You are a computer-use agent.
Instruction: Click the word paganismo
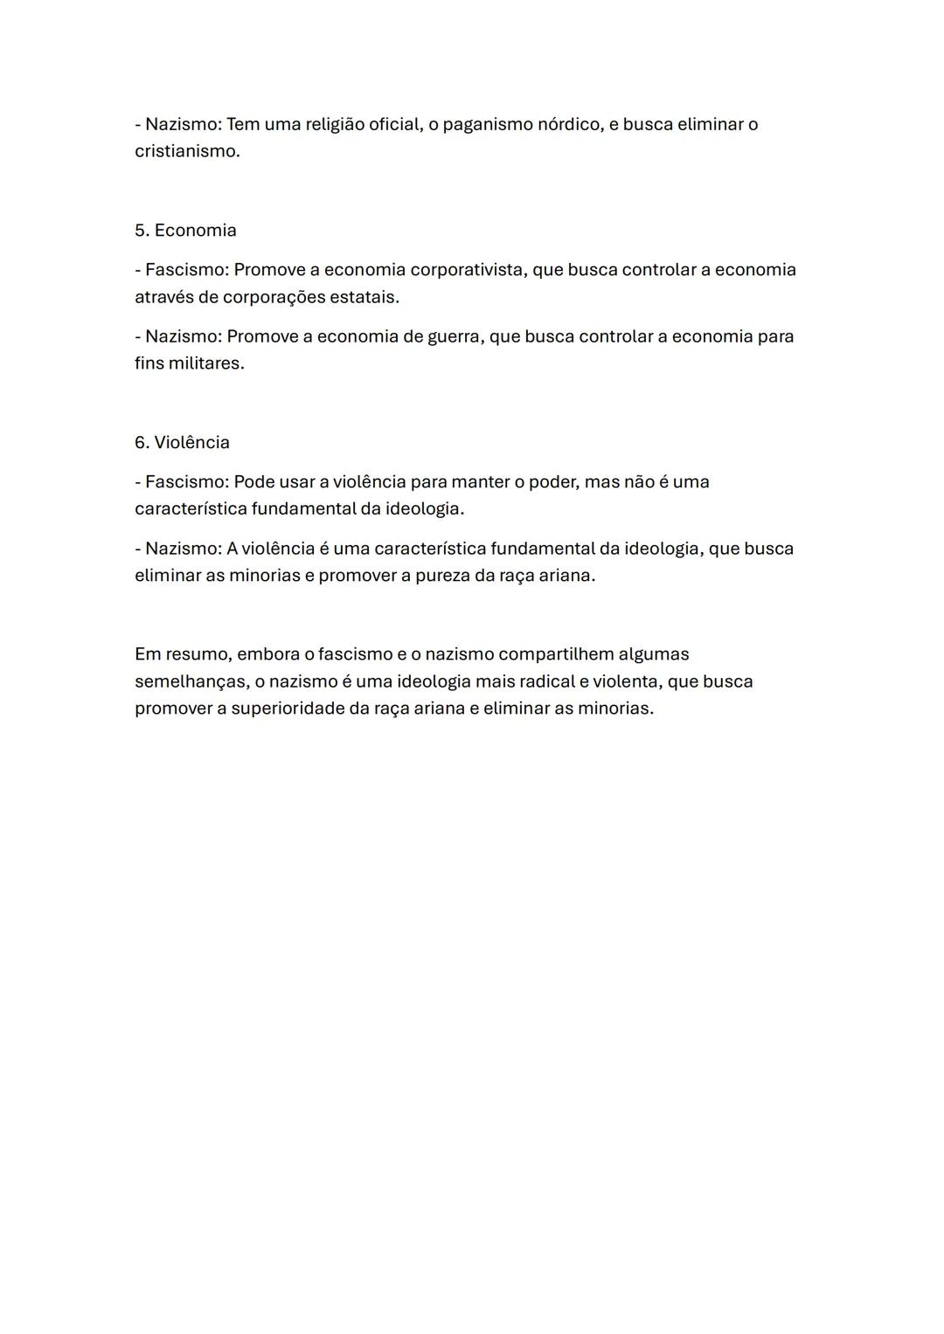coord(487,125)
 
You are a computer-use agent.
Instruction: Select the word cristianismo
coord(186,151)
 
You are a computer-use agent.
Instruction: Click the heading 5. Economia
coord(185,231)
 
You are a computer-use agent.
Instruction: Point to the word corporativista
coord(468,270)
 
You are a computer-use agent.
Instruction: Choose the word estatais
coord(364,297)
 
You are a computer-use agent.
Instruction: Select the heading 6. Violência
coord(182,443)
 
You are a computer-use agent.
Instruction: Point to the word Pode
coord(253,482)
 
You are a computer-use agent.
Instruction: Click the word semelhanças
coord(190,681)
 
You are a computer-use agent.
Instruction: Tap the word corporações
coord(273,297)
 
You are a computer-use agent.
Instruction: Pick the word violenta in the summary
coord(624,681)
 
